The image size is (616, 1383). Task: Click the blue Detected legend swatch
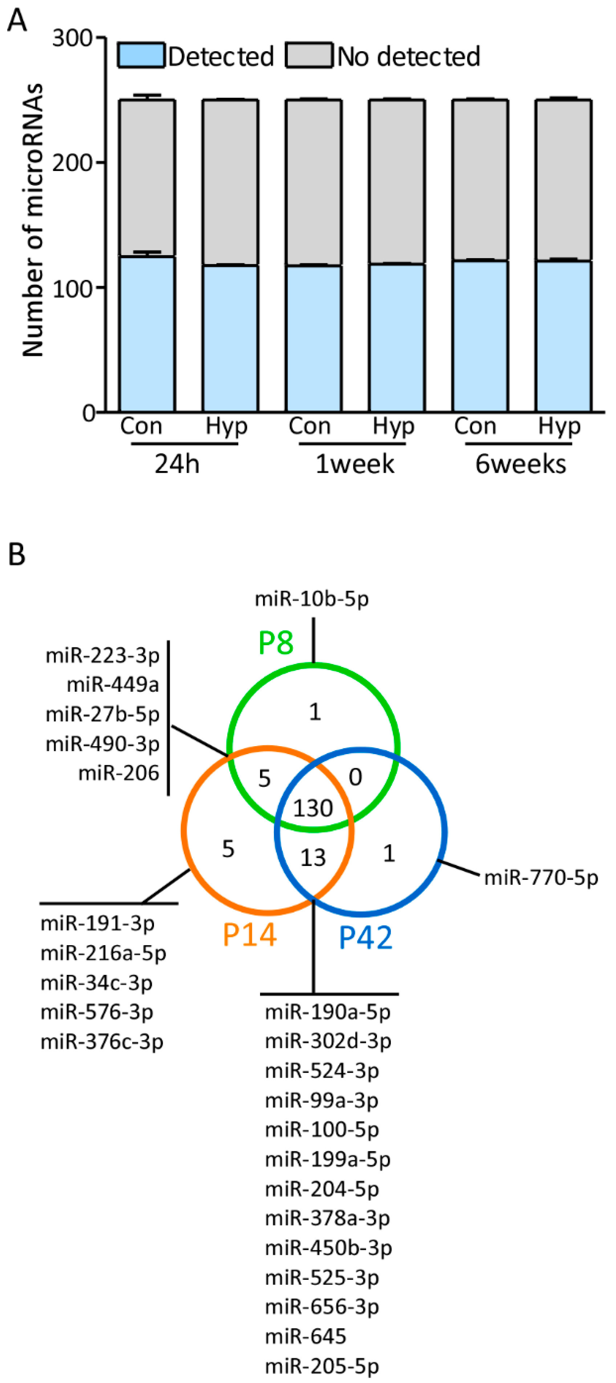[x=141, y=56]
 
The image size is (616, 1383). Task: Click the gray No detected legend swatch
[x=309, y=56]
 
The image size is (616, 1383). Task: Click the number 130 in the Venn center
[x=313, y=808]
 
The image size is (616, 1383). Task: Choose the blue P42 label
[x=366, y=937]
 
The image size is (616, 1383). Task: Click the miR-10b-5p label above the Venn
[x=312, y=599]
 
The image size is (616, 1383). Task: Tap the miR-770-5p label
[x=541, y=878]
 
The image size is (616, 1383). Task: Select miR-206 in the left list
[x=119, y=773]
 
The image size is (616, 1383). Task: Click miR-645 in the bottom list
[x=305, y=1336]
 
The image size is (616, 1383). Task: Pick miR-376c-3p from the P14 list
[x=102, y=1042]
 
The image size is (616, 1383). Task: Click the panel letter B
[x=17, y=554]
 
